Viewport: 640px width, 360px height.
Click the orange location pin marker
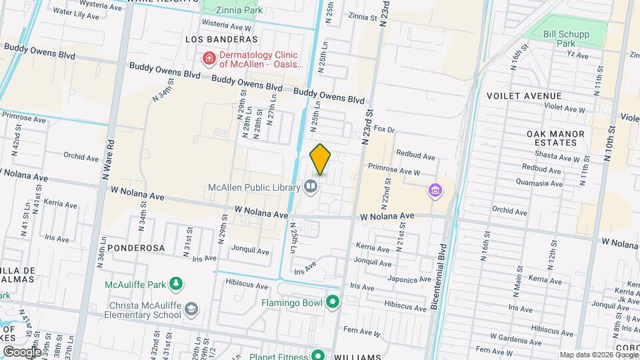point(321,159)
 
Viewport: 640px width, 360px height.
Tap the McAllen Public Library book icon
point(311,187)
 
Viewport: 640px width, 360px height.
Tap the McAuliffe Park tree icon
point(176,285)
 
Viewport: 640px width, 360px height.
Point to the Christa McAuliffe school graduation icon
point(191,309)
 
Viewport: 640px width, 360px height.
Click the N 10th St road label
point(609,141)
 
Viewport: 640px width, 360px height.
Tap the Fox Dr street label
point(385,129)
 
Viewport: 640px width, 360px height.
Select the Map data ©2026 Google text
point(597,355)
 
